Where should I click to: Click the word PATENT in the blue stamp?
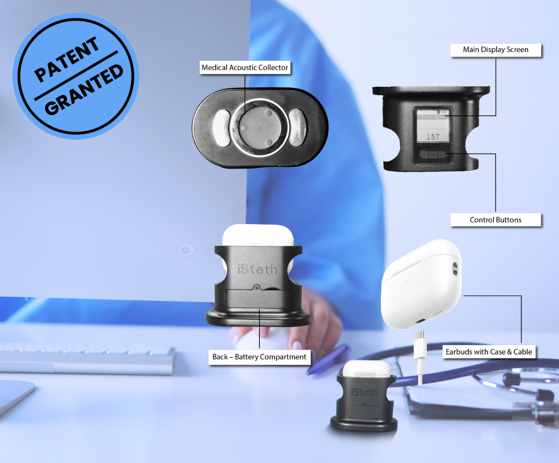(66, 59)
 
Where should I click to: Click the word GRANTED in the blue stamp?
(84, 89)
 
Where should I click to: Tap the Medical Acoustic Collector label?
(245, 68)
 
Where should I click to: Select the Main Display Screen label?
(496, 50)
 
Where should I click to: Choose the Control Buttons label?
(496, 220)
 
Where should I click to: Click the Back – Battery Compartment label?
(259, 357)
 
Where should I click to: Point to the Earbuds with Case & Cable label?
(489, 352)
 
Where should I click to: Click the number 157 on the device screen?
(433, 137)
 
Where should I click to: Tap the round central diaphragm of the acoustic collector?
(259, 127)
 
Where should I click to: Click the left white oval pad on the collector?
(222, 128)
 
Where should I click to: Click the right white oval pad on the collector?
(297, 128)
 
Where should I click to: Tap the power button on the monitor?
(186, 250)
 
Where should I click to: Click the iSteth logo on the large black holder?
(258, 269)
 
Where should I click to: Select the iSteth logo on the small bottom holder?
(364, 393)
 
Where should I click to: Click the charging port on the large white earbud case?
(420, 321)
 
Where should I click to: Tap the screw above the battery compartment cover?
(257, 287)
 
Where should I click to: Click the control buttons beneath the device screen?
(432, 154)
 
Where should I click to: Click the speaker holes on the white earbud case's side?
(455, 269)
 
